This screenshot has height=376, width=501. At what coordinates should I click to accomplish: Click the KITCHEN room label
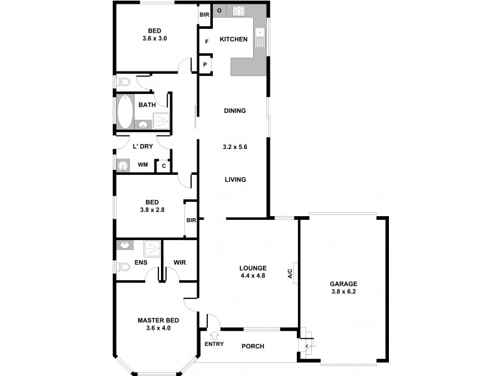point(233,39)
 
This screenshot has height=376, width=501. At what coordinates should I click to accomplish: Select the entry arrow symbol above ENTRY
point(214,335)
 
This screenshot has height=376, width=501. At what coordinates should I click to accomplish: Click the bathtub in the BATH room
point(124,112)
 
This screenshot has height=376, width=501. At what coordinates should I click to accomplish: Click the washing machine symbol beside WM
point(122,165)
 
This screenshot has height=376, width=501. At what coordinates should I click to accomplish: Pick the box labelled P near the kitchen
point(205,64)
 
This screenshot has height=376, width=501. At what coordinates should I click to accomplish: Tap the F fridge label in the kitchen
point(205,43)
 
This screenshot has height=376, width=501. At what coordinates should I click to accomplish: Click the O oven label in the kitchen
point(219,11)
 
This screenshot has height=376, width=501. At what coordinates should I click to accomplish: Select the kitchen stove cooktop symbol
point(239,11)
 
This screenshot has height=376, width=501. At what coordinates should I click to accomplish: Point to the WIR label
point(179,263)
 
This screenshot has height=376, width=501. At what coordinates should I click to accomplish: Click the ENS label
point(141,263)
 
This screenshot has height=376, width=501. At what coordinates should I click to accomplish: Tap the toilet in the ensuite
point(123,267)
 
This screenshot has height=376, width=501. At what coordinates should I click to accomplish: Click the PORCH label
point(253,347)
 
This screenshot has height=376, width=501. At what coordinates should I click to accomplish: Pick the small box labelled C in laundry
point(163,166)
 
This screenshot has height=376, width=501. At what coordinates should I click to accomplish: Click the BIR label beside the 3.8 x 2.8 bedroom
point(191,221)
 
